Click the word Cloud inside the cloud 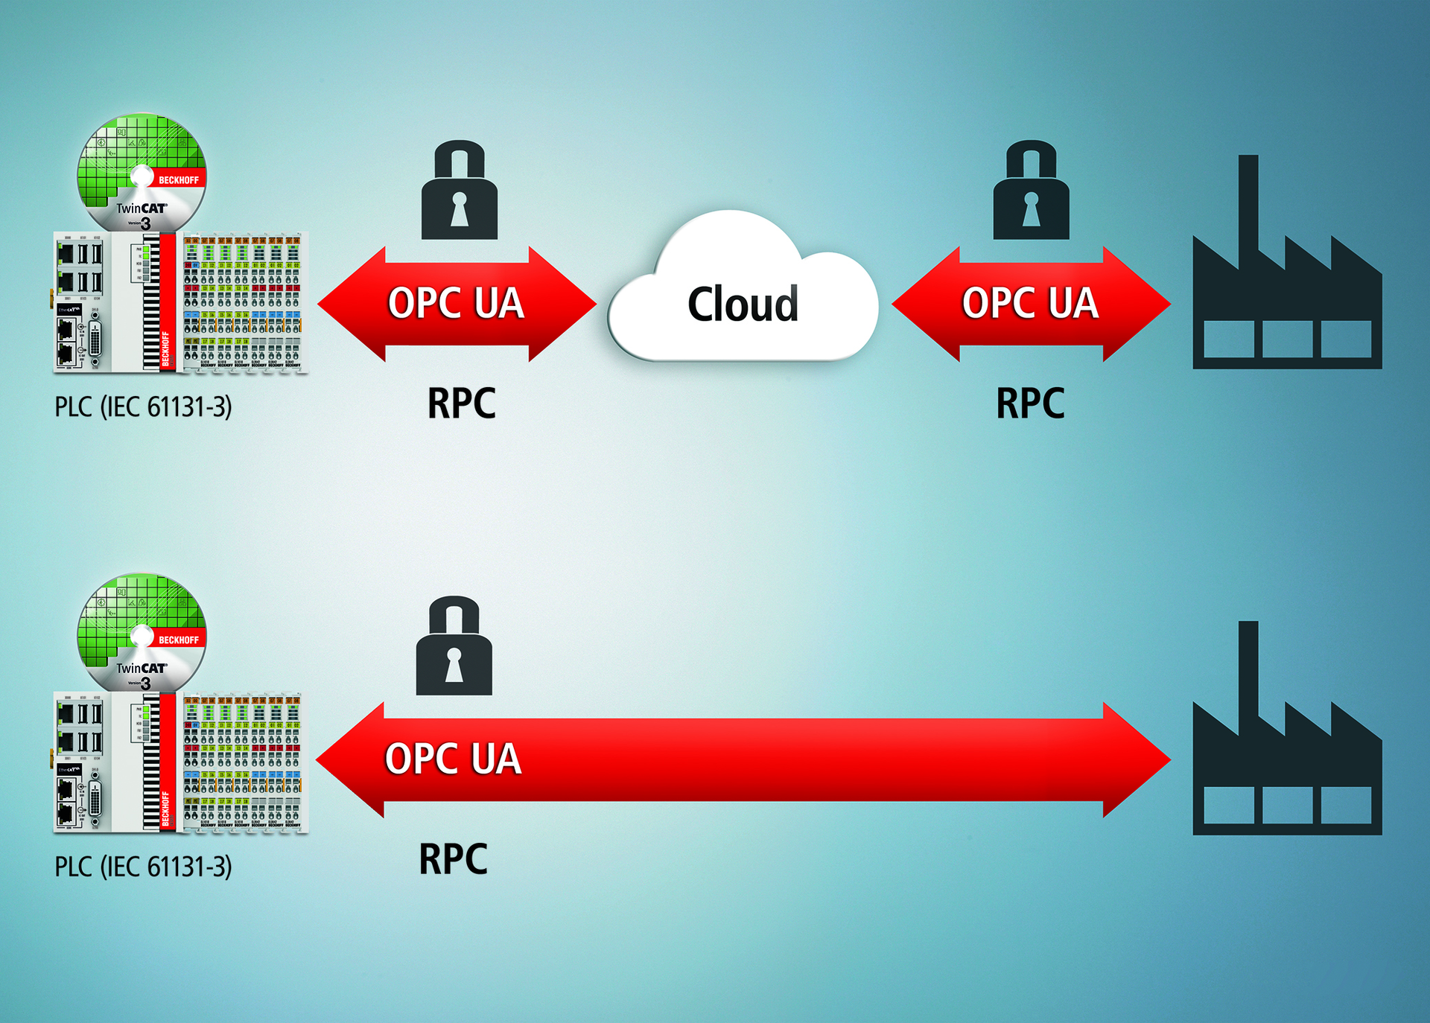(743, 304)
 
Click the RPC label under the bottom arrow (453, 859)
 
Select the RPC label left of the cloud (461, 404)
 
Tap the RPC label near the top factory (1030, 404)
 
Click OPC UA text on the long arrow (453, 759)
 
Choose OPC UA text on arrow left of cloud (456, 303)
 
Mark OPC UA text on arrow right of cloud (1030, 303)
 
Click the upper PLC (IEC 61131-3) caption (143, 407)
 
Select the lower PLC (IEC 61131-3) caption (143, 867)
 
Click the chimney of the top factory (1248, 201)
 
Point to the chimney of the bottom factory (1248, 667)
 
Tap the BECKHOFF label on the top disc (179, 180)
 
